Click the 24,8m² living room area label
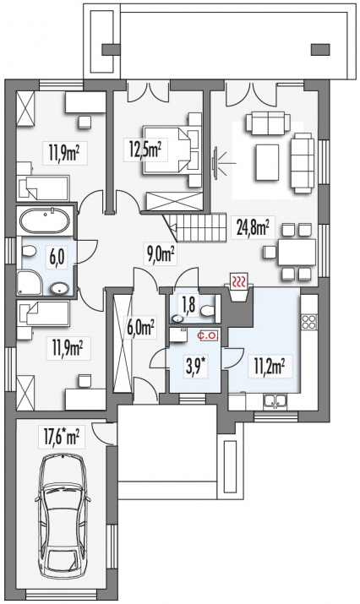pyautogui.click(x=253, y=230)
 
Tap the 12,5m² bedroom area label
pyautogui.click(x=145, y=149)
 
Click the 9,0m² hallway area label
pyautogui.click(x=161, y=253)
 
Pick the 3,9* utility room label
pyautogui.click(x=195, y=365)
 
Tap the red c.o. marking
pyautogui.click(x=208, y=335)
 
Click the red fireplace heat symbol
pyautogui.click(x=239, y=281)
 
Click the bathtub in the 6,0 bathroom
pyautogui.click(x=45, y=220)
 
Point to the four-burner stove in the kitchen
pyautogui.click(x=308, y=321)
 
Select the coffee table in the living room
pyautogui.click(x=266, y=162)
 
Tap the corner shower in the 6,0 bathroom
pyautogui.click(x=29, y=283)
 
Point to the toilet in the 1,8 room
pyautogui.click(x=207, y=311)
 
